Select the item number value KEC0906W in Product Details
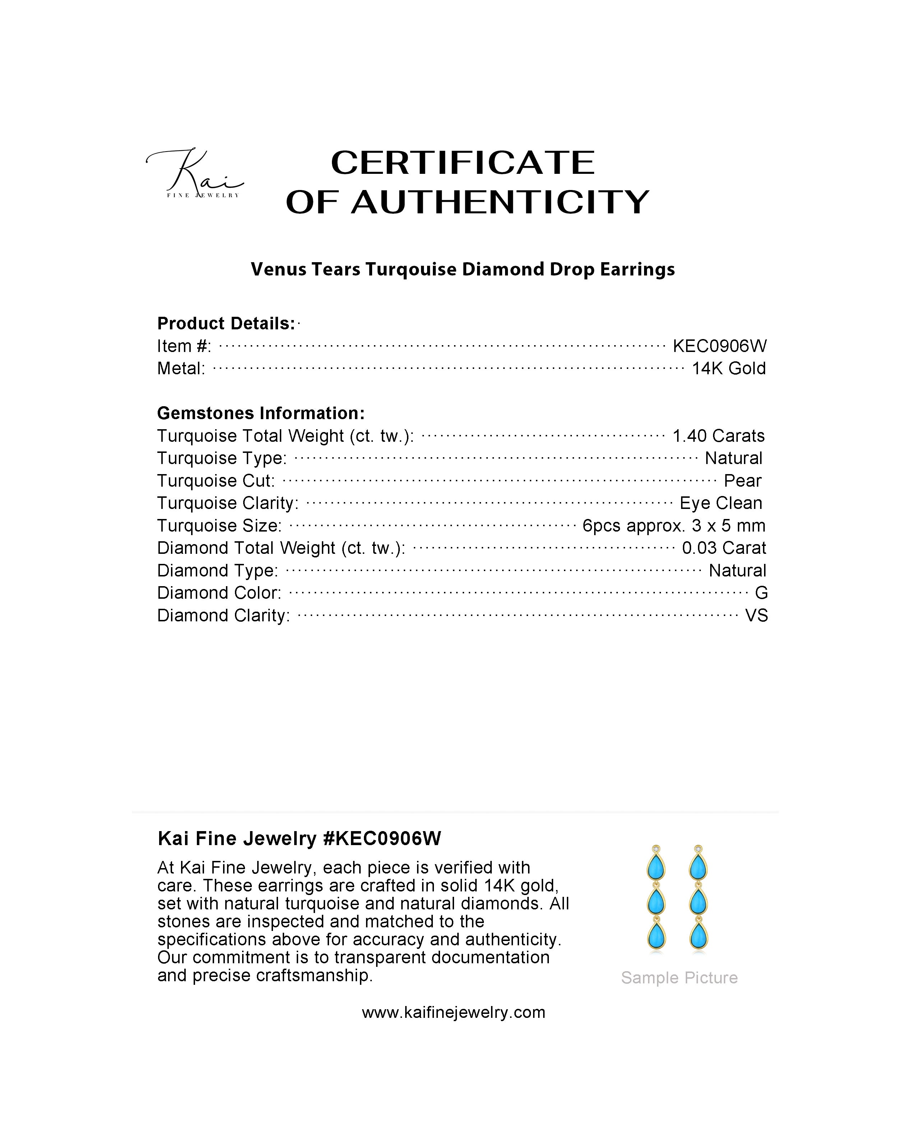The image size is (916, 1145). tap(720, 346)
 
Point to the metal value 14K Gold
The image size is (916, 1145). tap(728, 368)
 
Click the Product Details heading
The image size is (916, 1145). tap(226, 324)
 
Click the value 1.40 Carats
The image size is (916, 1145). tap(718, 436)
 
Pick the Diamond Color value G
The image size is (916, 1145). tap(761, 593)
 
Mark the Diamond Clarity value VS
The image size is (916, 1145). tap(756, 616)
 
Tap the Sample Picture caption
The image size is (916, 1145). tap(679, 978)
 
